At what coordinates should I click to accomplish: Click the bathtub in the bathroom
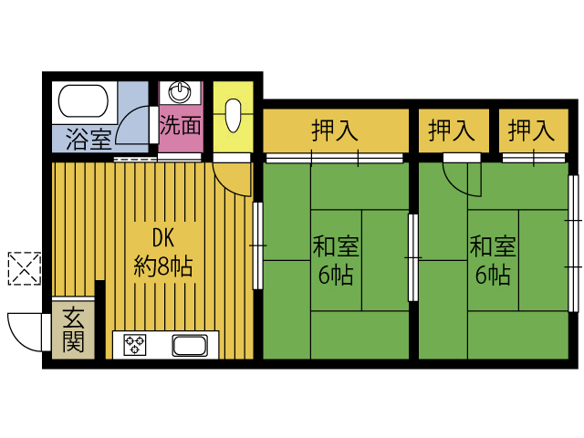[x=85, y=100]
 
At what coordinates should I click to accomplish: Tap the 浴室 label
[x=89, y=140]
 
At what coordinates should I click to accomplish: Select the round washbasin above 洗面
[x=181, y=91]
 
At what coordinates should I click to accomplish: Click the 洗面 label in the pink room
[x=180, y=125]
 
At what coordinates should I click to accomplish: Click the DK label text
[x=162, y=239]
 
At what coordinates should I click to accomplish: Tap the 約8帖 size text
[x=162, y=266]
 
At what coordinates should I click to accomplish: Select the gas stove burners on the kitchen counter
[x=136, y=345]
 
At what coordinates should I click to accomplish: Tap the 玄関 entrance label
[x=74, y=330]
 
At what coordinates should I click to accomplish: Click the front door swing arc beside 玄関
[x=25, y=330]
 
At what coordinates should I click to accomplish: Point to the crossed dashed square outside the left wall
[x=24, y=267]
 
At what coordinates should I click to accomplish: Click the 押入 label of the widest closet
[x=334, y=130]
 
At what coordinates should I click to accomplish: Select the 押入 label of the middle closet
[x=452, y=130]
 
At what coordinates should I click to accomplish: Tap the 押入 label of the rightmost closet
[x=531, y=130]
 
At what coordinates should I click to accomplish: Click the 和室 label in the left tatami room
[x=335, y=246]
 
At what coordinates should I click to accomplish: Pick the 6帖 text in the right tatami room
[x=492, y=275]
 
